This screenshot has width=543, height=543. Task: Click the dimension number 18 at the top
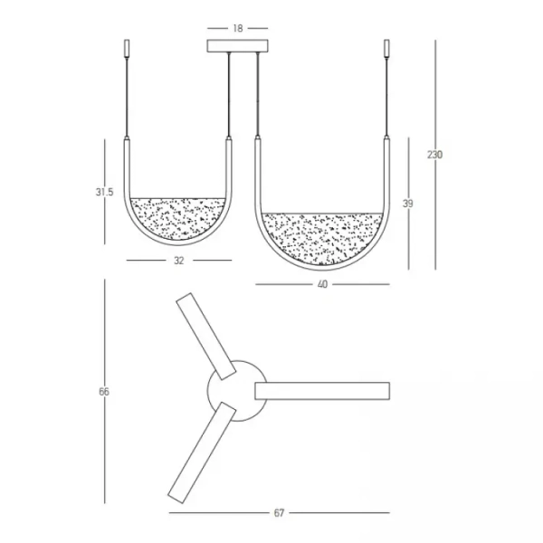pos(237,28)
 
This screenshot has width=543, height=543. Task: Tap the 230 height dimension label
pos(434,155)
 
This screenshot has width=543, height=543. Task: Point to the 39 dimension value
pos(407,205)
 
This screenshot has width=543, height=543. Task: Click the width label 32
pos(178,261)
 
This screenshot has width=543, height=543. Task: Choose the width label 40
pos(322,284)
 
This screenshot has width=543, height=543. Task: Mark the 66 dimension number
pos(104,391)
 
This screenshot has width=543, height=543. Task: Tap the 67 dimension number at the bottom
pos(279,513)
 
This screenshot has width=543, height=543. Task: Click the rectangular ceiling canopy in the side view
pos(238,45)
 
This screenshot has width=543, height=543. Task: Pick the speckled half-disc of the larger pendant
pos(323,237)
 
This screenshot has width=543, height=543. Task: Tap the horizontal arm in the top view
pos(323,390)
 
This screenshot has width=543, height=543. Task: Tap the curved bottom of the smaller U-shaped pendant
pos(178,243)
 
